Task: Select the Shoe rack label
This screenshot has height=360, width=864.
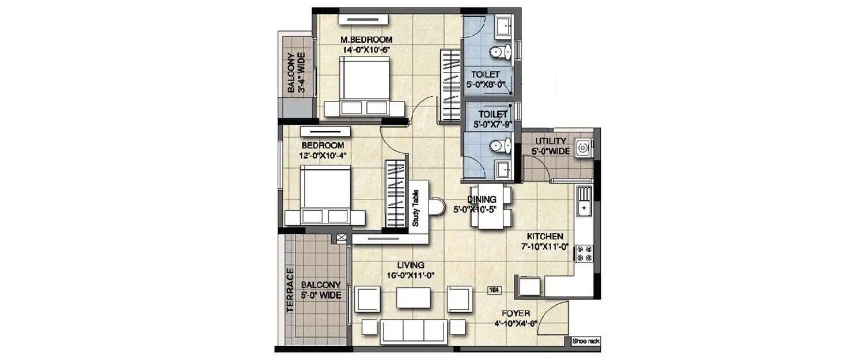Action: [586, 342]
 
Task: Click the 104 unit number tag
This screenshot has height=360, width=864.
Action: [494, 290]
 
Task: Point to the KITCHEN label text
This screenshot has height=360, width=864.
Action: [545, 237]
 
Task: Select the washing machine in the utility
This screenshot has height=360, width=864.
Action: [583, 149]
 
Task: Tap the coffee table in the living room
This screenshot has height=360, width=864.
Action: [414, 298]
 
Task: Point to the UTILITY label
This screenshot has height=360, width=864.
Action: [551, 141]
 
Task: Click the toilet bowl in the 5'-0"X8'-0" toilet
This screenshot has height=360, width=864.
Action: [499, 52]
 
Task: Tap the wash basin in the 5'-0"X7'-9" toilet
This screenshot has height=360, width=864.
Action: [503, 169]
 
